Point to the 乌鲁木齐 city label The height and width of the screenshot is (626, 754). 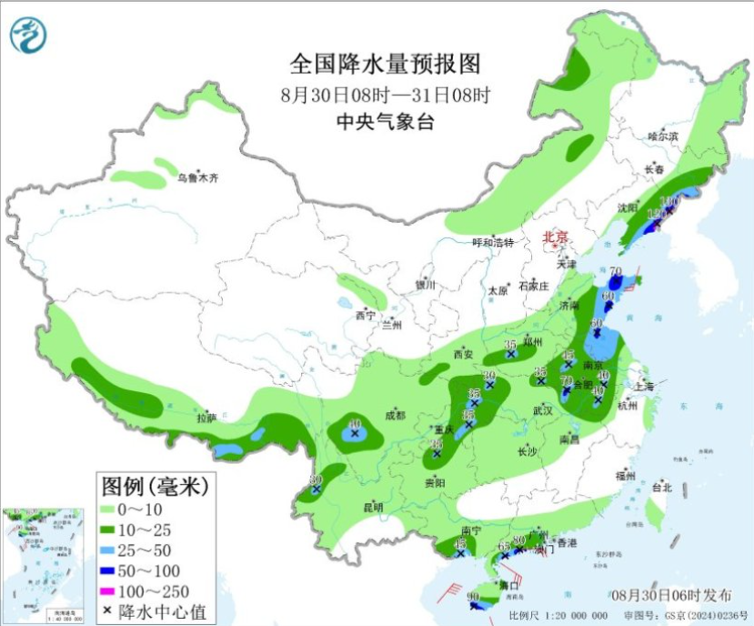[x=198, y=178]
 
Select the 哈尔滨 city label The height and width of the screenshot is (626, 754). [x=663, y=136]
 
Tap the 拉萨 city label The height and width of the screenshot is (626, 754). [x=206, y=418]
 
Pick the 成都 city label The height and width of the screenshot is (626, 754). [x=395, y=414]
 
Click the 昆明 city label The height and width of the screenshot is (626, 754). [x=373, y=507]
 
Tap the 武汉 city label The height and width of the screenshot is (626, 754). [x=543, y=410]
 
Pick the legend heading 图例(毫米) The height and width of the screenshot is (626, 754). [x=155, y=484]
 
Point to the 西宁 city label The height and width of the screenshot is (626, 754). [x=365, y=316]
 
